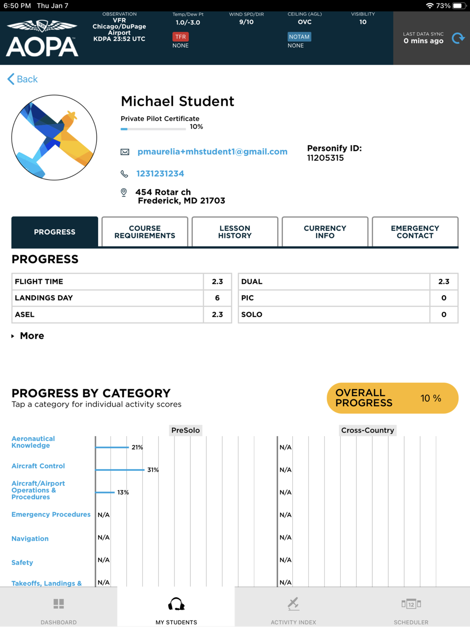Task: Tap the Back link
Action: [x=23, y=79]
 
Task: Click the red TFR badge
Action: [x=180, y=37]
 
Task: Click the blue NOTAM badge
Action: [x=299, y=37]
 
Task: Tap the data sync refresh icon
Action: [x=458, y=38]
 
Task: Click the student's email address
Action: [x=212, y=152]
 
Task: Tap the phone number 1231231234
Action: [x=160, y=173]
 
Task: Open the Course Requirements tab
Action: [x=145, y=232]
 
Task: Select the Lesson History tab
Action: [x=235, y=232]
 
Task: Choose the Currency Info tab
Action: [x=325, y=232]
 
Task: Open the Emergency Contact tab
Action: [x=415, y=232]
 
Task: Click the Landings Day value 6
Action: [x=217, y=298]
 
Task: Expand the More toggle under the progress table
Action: [x=28, y=336]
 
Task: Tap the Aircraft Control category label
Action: [x=38, y=466]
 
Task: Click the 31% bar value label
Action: [x=153, y=470]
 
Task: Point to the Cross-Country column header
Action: [x=368, y=430]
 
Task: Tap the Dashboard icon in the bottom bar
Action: [x=59, y=604]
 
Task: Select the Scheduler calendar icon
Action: [x=411, y=604]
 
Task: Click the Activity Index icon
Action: [x=293, y=603]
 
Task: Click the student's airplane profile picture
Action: [x=54, y=138]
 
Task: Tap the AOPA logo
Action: [x=42, y=39]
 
